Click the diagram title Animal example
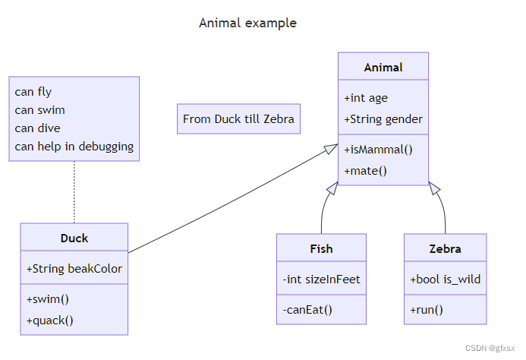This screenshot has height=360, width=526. [x=247, y=23]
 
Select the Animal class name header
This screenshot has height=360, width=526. [x=383, y=67]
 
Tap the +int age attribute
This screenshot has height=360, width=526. [x=366, y=98]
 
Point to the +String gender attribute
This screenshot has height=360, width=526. [x=383, y=119]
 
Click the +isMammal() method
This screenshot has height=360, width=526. [x=378, y=150]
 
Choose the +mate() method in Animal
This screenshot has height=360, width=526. [x=365, y=171]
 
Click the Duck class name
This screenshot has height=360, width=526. [x=74, y=238]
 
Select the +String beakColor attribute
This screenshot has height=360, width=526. [x=74, y=269]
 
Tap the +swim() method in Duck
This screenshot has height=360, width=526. [x=47, y=299]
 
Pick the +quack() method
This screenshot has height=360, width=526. [x=50, y=320]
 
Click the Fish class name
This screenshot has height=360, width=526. [x=321, y=248]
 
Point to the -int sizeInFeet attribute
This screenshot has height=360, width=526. [x=321, y=279]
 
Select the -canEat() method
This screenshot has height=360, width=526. [x=307, y=309]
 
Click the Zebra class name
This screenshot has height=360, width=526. [x=445, y=248]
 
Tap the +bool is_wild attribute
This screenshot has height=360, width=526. [x=445, y=279]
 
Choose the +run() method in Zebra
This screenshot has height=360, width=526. [x=427, y=309]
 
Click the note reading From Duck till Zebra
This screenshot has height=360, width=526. [x=238, y=119]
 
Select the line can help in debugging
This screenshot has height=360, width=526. [x=74, y=147]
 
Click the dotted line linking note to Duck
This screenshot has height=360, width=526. [x=74, y=191]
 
